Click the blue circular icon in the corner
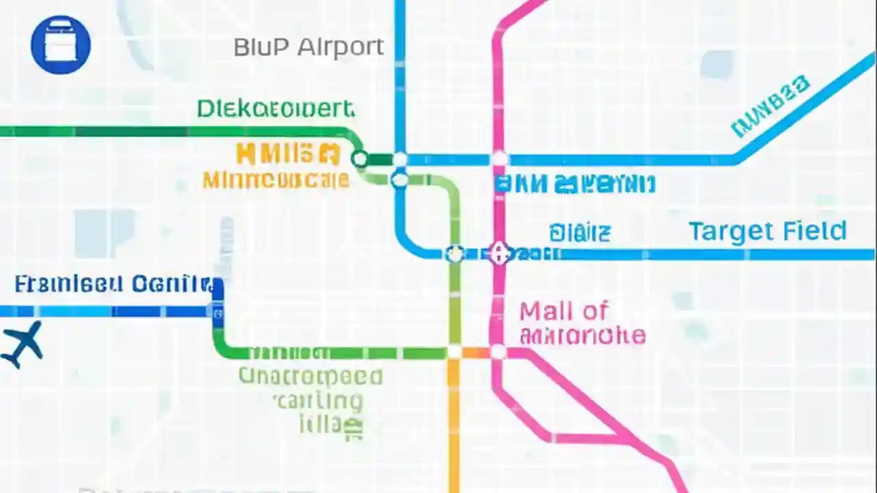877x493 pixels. point(60,45)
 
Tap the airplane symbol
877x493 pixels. point(22,344)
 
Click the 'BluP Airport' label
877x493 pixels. point(308,47)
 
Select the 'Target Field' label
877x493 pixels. point(767,231)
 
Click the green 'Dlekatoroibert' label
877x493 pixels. point(275,108)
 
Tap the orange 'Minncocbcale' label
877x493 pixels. point(275,180)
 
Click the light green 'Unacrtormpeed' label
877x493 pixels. point(310,377)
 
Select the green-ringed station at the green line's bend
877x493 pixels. point(359,160)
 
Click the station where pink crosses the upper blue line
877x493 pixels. point(499,160)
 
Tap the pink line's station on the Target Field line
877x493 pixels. point(499,254)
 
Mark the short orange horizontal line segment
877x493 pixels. point(475,353)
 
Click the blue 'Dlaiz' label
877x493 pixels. point(579,233)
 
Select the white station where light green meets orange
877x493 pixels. point(454,353)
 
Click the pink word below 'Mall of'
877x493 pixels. point(582,336)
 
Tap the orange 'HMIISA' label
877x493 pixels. point(288,154)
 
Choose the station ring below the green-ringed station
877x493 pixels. point(400,181)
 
